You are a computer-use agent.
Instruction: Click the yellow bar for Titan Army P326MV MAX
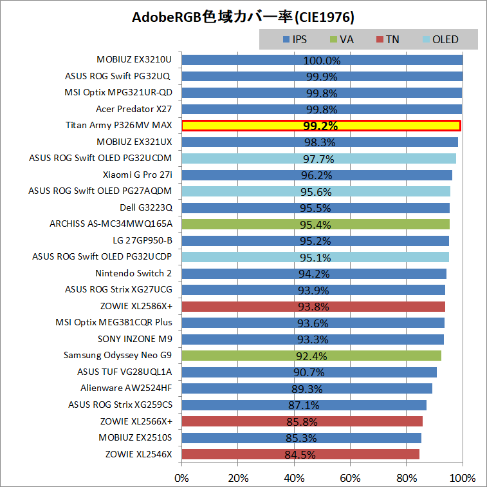point(321,126)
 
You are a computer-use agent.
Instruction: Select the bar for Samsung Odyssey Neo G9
point(311,356)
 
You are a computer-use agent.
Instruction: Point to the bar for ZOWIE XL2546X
point(300,454)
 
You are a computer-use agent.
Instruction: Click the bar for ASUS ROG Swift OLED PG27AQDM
point(316,191)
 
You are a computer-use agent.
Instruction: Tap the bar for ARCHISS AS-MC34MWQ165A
point(315,224)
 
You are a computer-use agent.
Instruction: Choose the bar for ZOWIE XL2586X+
point(313,306)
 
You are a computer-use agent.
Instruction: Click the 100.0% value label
point(321,61)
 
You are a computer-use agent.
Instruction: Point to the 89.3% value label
point(306,388)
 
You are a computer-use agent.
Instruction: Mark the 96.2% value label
point(316,175)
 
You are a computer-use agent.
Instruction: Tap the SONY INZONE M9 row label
point(135,339)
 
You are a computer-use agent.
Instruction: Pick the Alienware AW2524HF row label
point(126,388)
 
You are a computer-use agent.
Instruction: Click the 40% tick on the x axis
point(294,478)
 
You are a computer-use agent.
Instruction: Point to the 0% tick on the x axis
point(182,478)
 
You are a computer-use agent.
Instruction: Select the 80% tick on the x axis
point(406,478)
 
